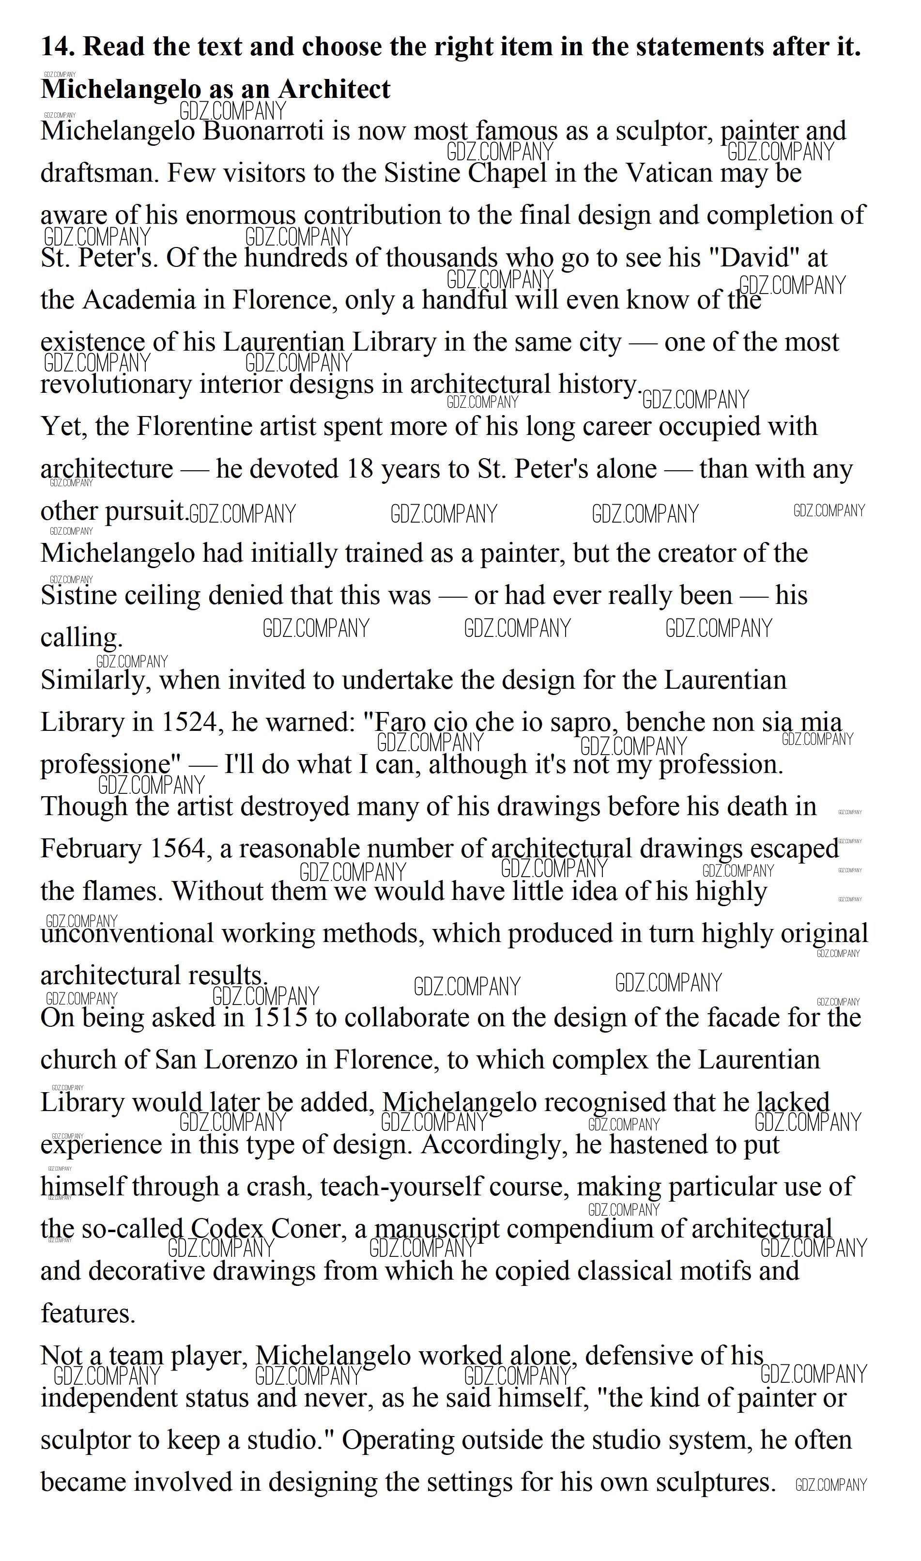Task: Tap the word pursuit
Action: tap(145, 512)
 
